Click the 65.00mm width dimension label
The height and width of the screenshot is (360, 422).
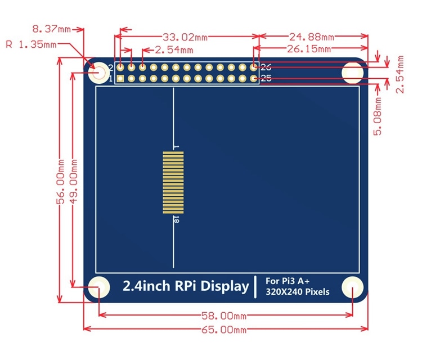coord(225,330)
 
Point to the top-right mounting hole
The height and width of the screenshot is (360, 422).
coord(353,71)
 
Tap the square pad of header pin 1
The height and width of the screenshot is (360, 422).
coord(120,78)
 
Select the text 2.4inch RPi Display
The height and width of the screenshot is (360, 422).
coord(186,286)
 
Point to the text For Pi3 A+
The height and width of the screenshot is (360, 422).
coord(286,281)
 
